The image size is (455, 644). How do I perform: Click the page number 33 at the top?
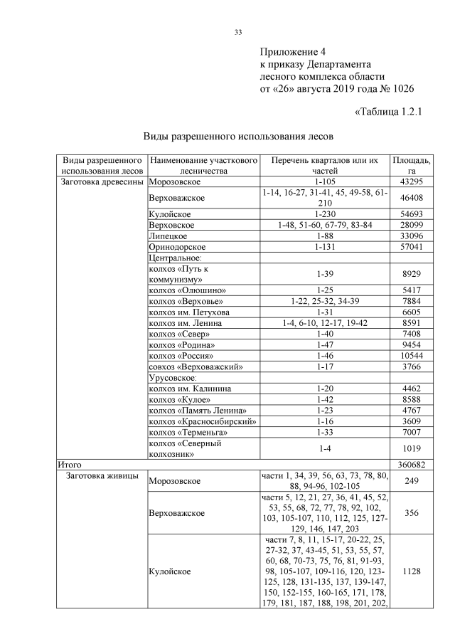click(x=238, y=31)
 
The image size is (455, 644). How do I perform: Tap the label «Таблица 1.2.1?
click(x=388, y=111)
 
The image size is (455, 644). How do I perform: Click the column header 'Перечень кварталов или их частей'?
click(x=325, y=166)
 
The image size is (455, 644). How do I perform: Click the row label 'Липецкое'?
click(x=168, y=236)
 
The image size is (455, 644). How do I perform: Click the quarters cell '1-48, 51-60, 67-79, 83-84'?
click(x=325, y=225)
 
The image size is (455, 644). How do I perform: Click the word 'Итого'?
click(x=70, y=464)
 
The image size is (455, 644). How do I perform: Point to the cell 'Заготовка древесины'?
click(x=100, y=182)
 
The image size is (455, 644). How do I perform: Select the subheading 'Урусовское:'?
click(x=171, y=378)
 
